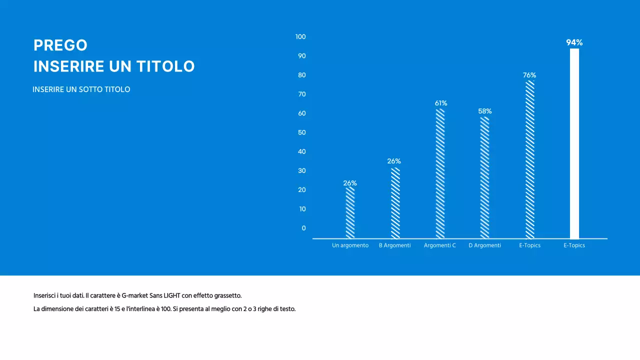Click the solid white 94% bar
[x=574, y=143]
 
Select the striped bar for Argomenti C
[x=440, y=173]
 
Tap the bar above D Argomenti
[x=484, y=177]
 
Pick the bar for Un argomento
[x=350, y=212]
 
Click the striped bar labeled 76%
[x=529, y=159]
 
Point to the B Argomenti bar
[x=395, y=203]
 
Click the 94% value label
[x=574, y=42]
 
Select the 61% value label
[x=440, y=103]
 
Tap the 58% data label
[x=484, y=111]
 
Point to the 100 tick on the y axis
[x=300, y=37]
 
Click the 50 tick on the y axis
[x=302, y=132]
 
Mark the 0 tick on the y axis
[x=303, y=228]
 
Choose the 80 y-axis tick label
[x=302, y=75]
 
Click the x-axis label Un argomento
[x=350, y=245]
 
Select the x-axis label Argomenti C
[x=440, y=245]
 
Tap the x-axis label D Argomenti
[x=484, y=245]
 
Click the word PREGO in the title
[x=60, y=45]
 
